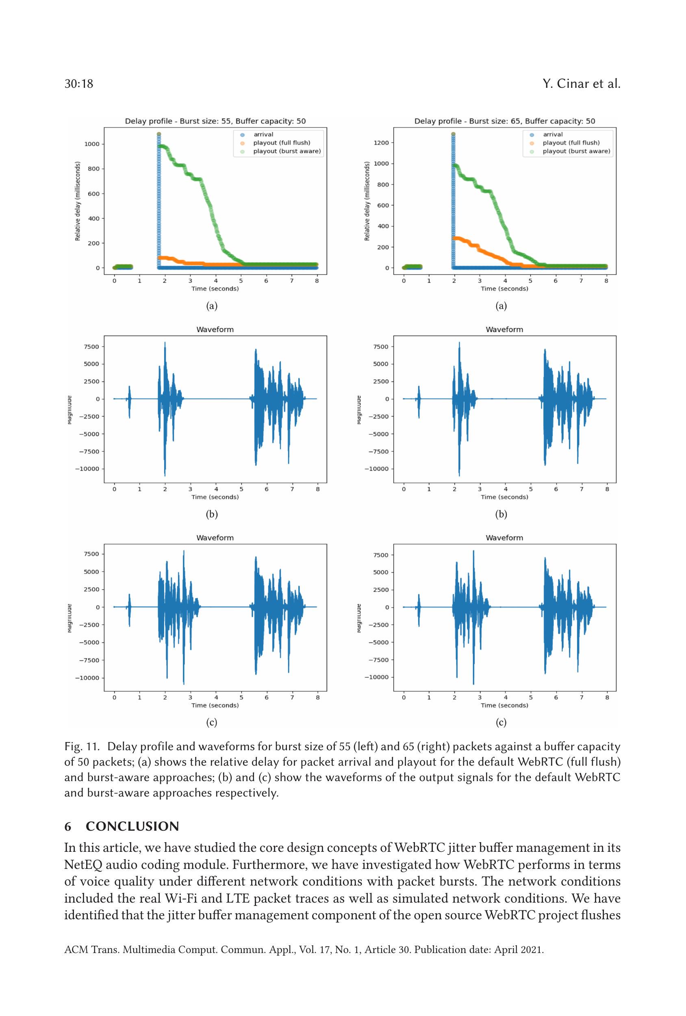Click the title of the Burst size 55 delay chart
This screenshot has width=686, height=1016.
[215, 121]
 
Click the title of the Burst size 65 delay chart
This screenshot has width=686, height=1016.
[505, 121]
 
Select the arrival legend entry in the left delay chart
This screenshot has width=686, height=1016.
[263, 135]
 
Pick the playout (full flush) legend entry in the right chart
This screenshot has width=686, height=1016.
[571, 143]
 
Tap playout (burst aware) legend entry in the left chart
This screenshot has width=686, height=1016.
[287, 151]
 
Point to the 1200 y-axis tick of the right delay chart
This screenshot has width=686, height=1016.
[381, 143]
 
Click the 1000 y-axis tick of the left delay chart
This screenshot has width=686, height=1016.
[92, 144]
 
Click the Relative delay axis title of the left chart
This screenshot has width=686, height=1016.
[78, 201]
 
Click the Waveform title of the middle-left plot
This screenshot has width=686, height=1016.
[215, 330]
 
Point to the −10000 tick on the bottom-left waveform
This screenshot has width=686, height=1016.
[87, 678]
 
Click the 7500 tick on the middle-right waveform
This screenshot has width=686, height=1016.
[381, 347]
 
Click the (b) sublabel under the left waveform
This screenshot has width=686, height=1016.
[212, 514]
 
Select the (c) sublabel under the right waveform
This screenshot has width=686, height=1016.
[501, 722]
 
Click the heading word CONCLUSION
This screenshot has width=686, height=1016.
[132, 826]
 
